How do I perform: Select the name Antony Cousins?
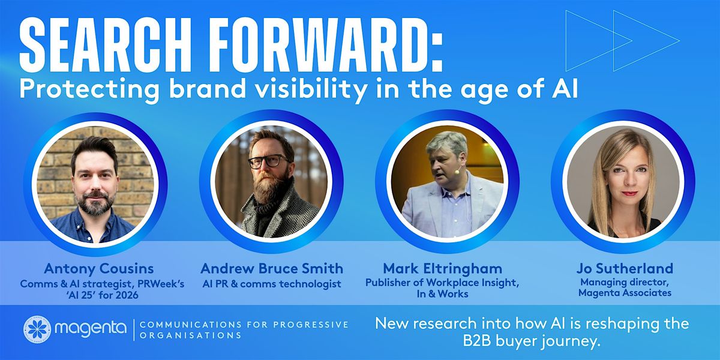99,269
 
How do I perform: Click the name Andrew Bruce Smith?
272,269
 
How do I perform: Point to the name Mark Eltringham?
443,269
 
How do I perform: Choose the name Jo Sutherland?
625,269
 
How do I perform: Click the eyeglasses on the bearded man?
269,161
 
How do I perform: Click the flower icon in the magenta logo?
37,329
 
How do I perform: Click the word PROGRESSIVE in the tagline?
311,325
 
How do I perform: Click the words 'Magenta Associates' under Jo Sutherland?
625,293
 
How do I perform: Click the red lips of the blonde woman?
629,193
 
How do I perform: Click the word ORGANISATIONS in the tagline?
190,335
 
